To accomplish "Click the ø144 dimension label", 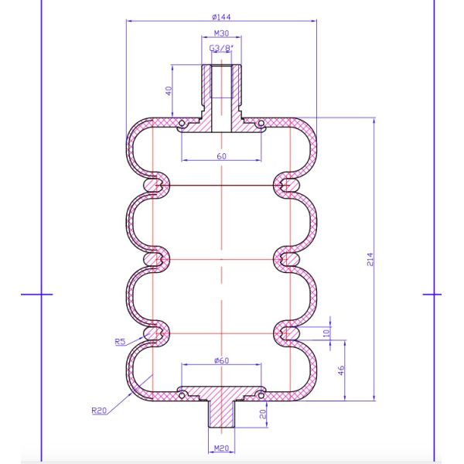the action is point(221,17).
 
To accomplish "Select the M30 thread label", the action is point(221,33).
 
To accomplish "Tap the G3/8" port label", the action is point(221,48).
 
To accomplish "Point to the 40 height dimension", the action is point(169,90).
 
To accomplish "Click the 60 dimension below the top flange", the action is point(221,156).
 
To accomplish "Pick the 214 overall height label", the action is point(370,259).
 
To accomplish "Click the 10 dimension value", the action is point(326,333).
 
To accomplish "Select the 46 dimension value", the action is point(341,370).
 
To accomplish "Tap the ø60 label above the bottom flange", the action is point(221,360).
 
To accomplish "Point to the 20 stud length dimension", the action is point(263,414).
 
